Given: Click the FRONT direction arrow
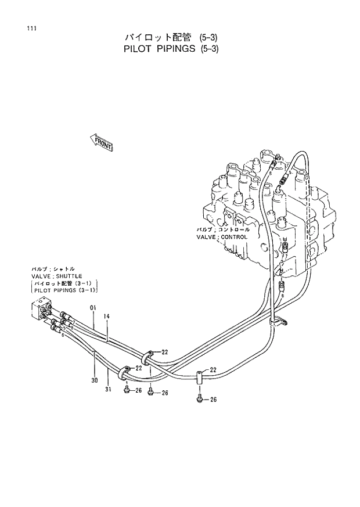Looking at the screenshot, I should tap(101, 142).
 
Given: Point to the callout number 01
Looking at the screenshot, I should tap(92, 308).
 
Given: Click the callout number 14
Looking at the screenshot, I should tap(107, 317).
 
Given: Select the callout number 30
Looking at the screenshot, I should tap(94, 381).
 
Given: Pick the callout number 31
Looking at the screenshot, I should tap(108, 389).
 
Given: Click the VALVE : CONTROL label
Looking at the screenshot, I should tap(222, 237).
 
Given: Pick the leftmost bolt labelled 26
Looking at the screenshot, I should tap(127, 389).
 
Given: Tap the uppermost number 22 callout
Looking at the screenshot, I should tap(165, 352).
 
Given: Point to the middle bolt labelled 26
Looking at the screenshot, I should tap(150, 392).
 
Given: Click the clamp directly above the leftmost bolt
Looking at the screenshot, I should tap(127, 372).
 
